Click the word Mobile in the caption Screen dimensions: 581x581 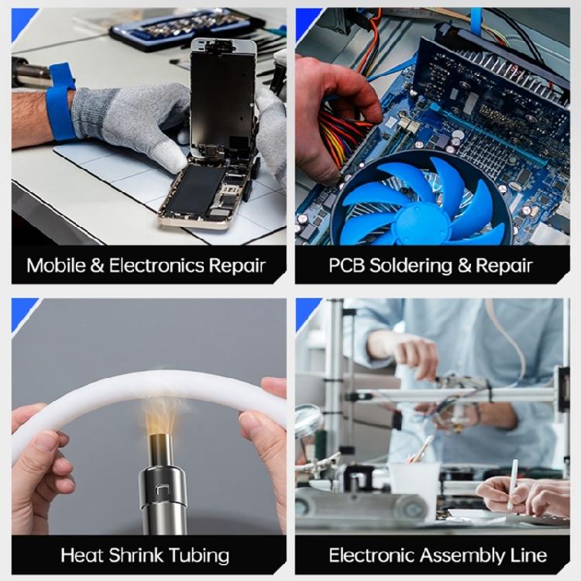click(x=56, y=265)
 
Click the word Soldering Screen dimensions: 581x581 click(x=411, y=266)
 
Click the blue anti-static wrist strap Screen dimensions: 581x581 click(x=60, y=102)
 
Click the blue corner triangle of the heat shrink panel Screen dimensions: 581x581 click(x=22, y=312)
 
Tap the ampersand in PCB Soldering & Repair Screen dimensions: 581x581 click(x=464, y=266)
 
